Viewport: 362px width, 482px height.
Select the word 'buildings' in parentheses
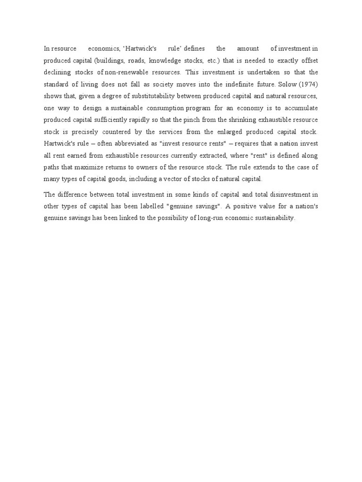109,61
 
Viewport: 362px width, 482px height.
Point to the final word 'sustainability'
272,218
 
